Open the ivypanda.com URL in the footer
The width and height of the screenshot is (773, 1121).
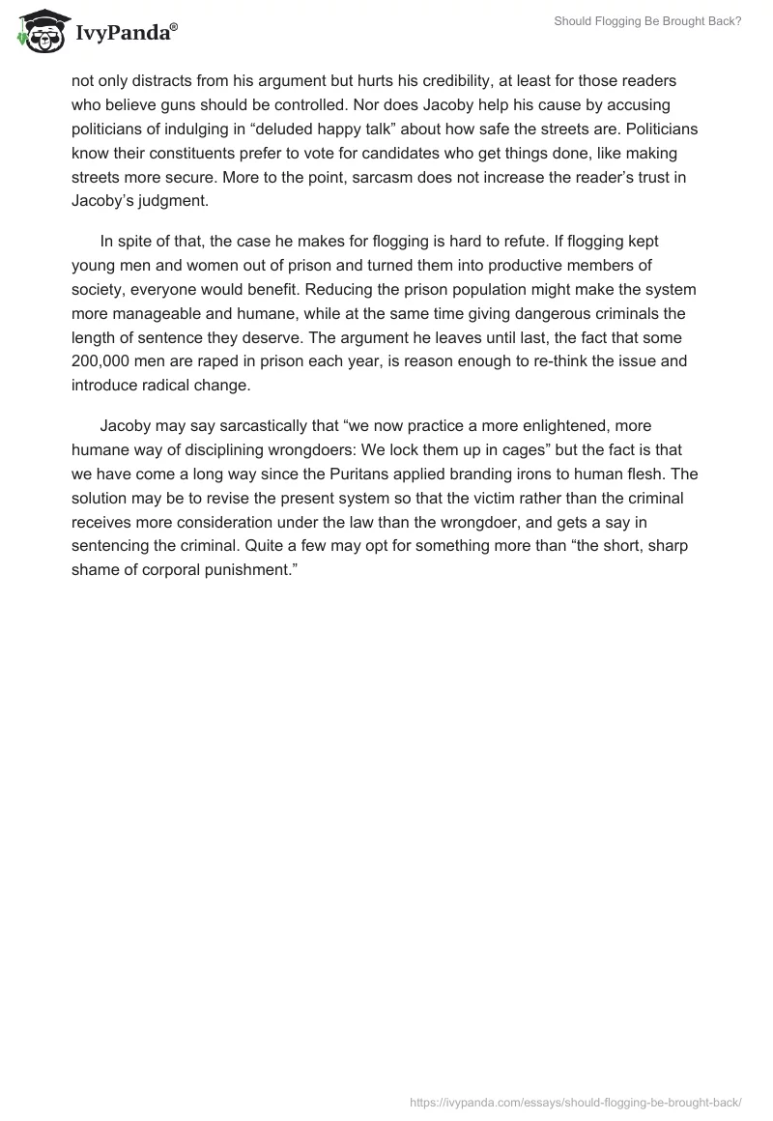coord(576,1101)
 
